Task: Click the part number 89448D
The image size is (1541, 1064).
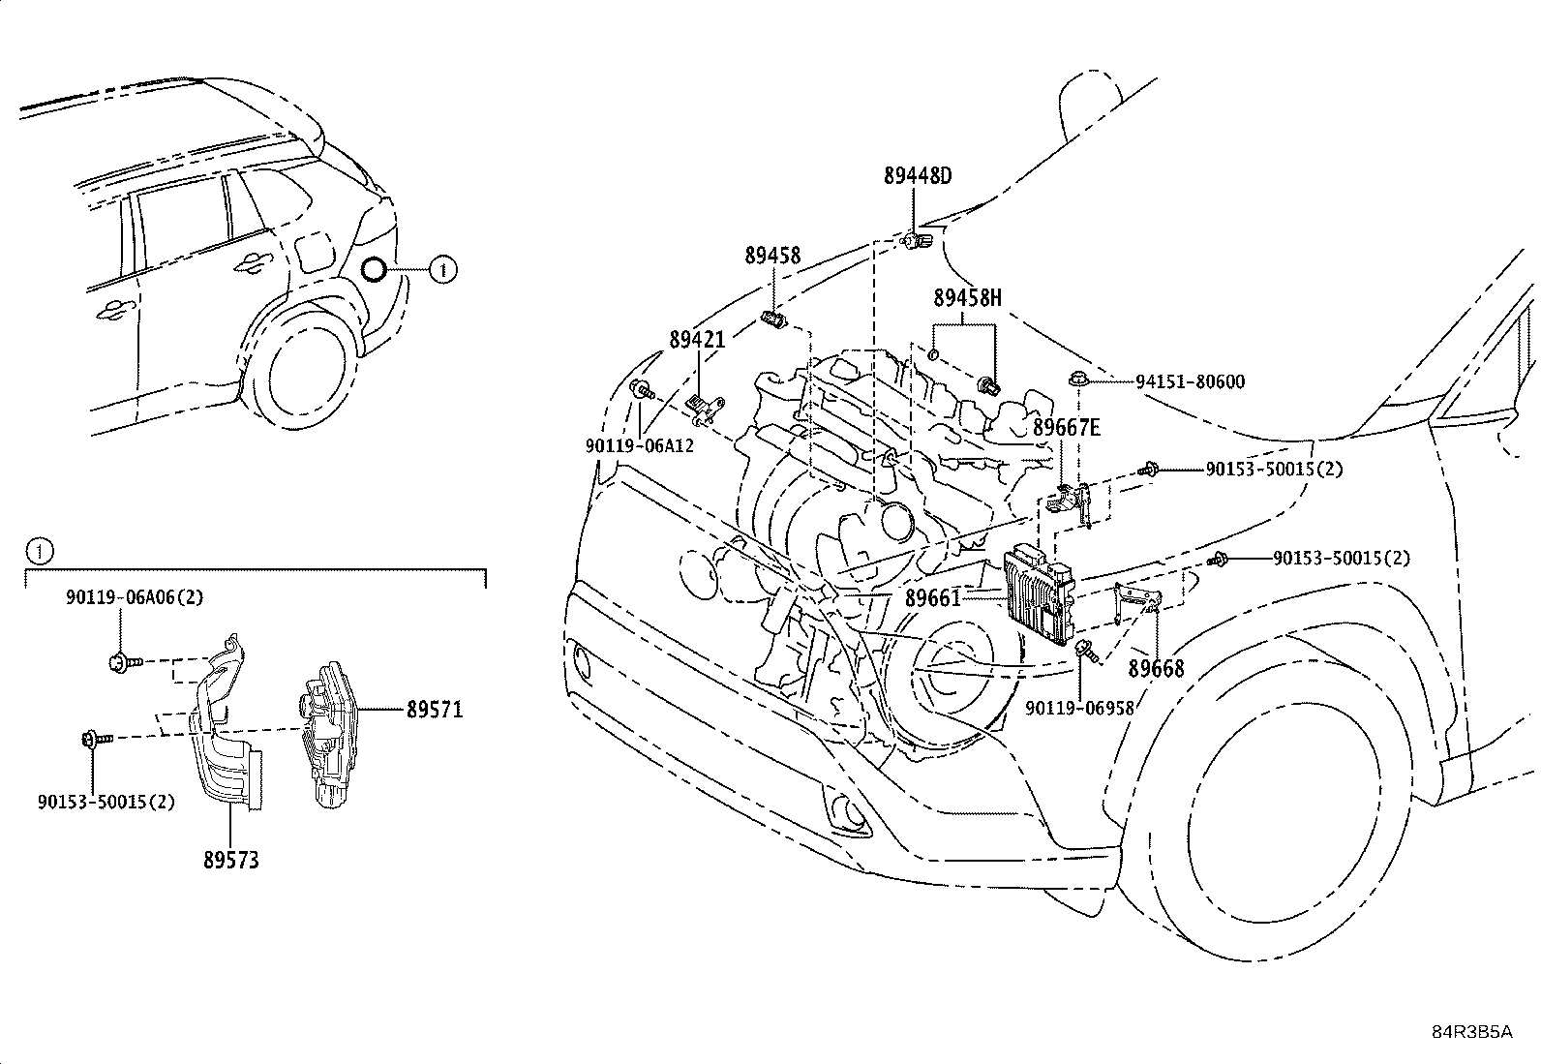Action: click(918, 176)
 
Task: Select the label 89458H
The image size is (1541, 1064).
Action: click(967, 298)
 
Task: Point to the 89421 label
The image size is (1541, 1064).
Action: click(698, 339)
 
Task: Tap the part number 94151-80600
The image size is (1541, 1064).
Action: click(1191, 382)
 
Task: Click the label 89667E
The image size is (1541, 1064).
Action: click(1067, 427)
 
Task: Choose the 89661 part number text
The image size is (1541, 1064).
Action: click(933, 598)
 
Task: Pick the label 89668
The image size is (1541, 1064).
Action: click(1157, 668)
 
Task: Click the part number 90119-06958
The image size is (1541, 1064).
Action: click(1080, 708)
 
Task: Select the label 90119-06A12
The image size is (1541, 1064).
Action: click(640, 446)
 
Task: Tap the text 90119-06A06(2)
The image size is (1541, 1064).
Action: click(135, 597)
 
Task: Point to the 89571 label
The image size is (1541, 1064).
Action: click(435, 710)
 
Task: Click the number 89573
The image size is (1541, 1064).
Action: click(231, 861)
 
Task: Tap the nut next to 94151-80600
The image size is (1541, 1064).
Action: click(1076, 378)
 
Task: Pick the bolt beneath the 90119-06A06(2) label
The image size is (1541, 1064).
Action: click(125, 662)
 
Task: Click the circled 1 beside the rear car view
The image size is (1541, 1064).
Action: click(443, 269)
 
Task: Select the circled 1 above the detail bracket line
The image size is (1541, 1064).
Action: click(40, 551)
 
